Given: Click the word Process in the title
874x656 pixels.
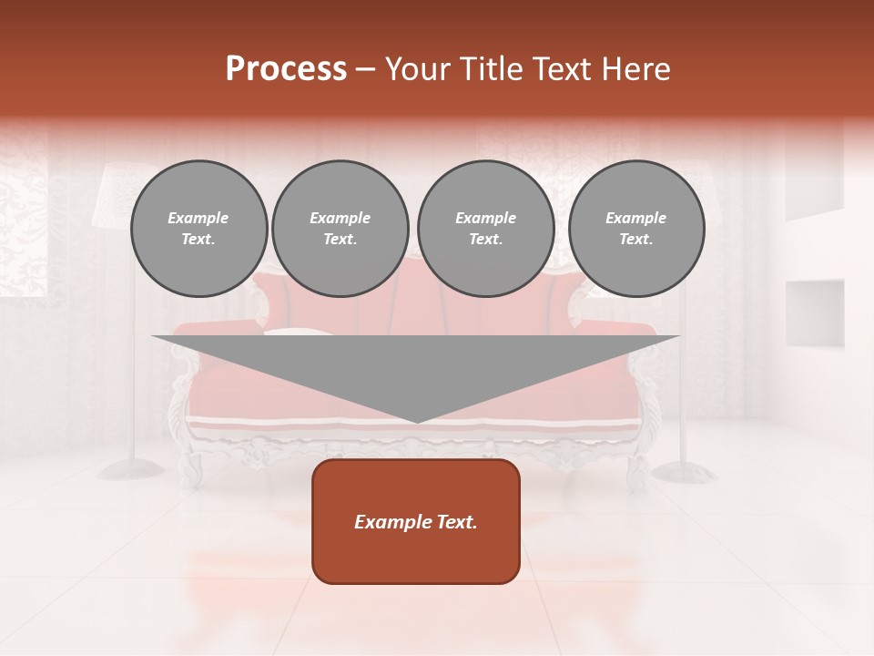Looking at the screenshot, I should [x=286, y=69].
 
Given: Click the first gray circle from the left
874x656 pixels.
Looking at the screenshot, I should [x=199, y=229].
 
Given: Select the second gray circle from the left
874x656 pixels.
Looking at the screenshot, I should [x=340, y=229].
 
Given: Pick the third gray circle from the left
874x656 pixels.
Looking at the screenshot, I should [x=486, y=229].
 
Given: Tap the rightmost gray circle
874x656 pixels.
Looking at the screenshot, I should [x=636, y=229].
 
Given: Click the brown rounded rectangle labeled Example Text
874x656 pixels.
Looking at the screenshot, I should [x=416, y=521].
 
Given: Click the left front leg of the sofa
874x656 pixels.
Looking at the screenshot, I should [x=192, y=469].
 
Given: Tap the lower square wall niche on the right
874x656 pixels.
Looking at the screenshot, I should [x=814, y=313].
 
